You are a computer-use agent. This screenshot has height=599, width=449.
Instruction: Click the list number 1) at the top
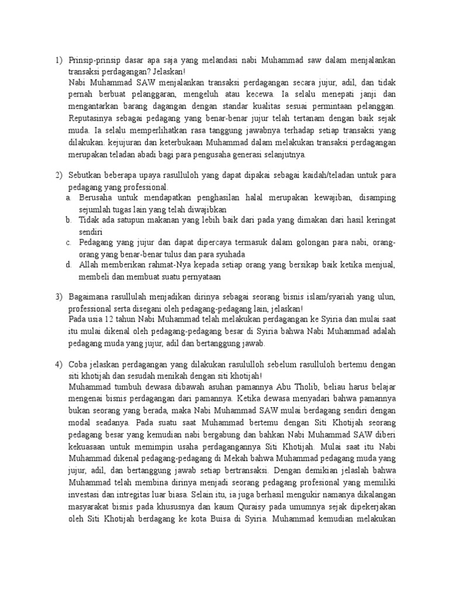58,60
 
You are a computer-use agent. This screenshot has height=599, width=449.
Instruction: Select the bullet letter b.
68,219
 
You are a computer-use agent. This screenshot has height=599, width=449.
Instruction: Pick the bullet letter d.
68,265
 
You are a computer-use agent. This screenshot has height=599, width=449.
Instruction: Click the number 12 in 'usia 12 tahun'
109,320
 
